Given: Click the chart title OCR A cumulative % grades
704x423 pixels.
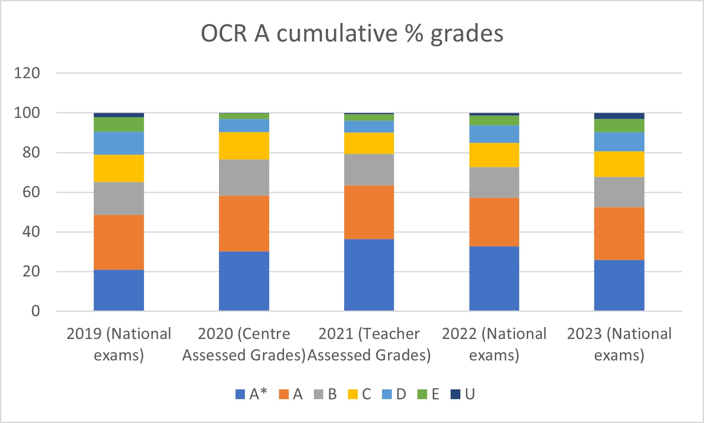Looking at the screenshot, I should [x=352, y=34].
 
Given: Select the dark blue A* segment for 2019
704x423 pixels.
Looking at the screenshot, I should [x=119, y=290].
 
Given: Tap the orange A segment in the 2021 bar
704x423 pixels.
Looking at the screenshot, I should [x=369, y=212].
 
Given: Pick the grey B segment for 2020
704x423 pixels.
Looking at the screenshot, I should [x=244, y=178].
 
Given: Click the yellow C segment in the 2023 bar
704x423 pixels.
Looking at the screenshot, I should [x=619, y=164].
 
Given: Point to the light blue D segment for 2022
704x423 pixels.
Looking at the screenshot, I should [x=494, y=134].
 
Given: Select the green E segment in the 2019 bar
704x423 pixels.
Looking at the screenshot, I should [x=119, y=124].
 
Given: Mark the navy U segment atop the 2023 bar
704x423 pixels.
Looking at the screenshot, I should [x=619, y=116].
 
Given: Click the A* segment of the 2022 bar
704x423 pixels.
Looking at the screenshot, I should [x=494, y=279].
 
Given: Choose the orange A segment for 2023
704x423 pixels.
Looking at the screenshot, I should [x=619, y=233].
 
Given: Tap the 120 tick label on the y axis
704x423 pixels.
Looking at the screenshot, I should [x=27, y=73].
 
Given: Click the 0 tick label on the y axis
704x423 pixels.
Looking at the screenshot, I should [x=36, y=311].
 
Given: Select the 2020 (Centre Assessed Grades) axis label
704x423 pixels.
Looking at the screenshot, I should [x=244, y=344].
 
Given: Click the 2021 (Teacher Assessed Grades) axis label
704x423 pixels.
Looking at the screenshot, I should [x=369, y=344].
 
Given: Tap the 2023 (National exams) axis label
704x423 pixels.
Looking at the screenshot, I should [x=619, y=344].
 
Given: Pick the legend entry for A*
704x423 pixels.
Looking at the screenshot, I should [x=251, y=394].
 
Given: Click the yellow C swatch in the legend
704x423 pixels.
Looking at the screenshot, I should [x=353, y=394].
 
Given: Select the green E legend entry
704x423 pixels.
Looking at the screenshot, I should [x=428, y=394].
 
